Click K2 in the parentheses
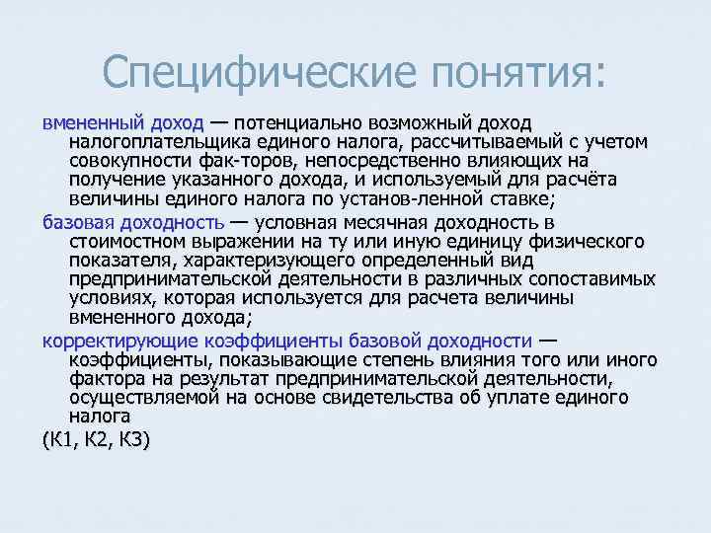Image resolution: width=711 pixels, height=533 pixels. [x=96, y=440]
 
